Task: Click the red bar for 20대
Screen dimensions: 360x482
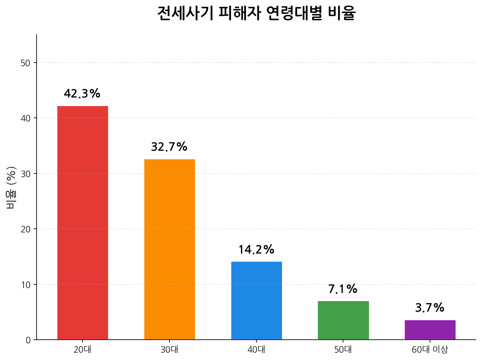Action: [x=83, y=223]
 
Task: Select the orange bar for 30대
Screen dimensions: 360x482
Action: [x=169, y=249]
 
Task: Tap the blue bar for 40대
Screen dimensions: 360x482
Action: [x=256, y=300]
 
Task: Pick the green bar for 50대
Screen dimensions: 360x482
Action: [x=343, y=320]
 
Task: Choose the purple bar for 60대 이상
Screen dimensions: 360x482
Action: [x=430, y=330]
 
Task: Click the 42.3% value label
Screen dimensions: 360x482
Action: [x=82, y=94]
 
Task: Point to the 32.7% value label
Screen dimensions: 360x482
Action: [x=169, y=147]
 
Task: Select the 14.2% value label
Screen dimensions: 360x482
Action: [x=256, y=250]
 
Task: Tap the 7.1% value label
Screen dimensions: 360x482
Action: [x=343, y=289]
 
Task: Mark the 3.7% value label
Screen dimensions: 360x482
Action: [x=430, y=308]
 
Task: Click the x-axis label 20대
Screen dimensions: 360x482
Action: [x=83, y=349]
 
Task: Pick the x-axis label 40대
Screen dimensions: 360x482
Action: [x=256, y=349]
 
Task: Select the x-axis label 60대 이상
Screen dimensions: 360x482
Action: [x=430, y=349]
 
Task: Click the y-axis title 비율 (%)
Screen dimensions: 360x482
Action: [x=11, y=187]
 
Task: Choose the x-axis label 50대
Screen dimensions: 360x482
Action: [x=343, y=349]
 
